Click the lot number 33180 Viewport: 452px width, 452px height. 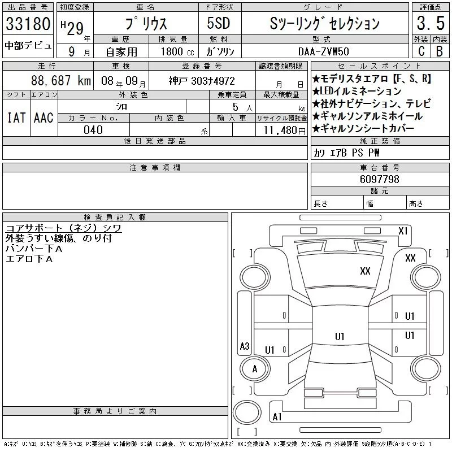tap(28, 24)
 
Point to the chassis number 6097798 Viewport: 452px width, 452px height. tap(380, 180)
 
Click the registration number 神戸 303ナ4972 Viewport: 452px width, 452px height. tap(202, 81)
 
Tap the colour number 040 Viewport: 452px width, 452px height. tap(93, 130)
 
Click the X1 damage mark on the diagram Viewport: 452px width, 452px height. tap(403, 231)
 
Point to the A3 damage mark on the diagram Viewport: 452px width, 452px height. tap(244, 346)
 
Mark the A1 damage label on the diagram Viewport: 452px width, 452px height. tap(277, 417)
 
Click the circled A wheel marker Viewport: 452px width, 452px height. tap(254, 369)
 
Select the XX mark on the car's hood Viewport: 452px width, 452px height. tap(365, 271)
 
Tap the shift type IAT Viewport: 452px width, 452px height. tap(15, 118)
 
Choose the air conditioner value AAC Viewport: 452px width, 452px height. tap(44, 118)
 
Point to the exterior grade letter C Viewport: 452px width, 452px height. tap(421, 51)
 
